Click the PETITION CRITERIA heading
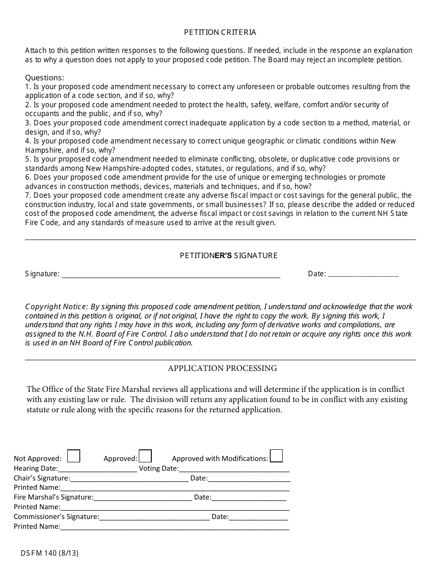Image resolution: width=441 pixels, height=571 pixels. coord(220,32)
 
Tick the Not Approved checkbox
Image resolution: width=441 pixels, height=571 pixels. coord(74,456)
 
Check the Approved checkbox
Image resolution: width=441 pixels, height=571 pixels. coord(145,456)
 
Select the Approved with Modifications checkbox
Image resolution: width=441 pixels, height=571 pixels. coord(276,456)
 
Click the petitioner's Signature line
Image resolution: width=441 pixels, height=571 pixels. coord(171,274)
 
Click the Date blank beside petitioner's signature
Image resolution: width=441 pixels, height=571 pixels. coord(363,274)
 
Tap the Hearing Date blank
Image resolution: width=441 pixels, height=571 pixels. coord(97,469)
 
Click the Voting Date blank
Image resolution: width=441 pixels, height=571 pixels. coord(234,469)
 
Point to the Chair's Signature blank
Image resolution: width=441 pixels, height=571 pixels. coord(129,479)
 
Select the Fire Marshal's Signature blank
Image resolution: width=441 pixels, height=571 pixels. coord(143,498)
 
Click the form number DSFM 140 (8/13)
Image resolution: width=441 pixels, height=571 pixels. coord(50,553)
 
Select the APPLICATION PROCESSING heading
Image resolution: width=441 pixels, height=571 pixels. coord(222,369)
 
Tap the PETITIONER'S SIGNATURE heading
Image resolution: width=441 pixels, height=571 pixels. coord(229,256)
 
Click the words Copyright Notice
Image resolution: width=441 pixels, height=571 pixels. coord(56,307)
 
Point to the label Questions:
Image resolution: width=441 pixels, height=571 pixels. coord(45,78)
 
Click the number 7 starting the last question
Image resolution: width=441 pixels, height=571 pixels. coord(27,195)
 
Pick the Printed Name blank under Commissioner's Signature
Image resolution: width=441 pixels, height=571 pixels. coord(175,527)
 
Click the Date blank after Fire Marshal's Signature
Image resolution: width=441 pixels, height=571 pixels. coord(249,498)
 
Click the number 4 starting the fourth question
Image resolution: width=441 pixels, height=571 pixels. coord(27,141)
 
